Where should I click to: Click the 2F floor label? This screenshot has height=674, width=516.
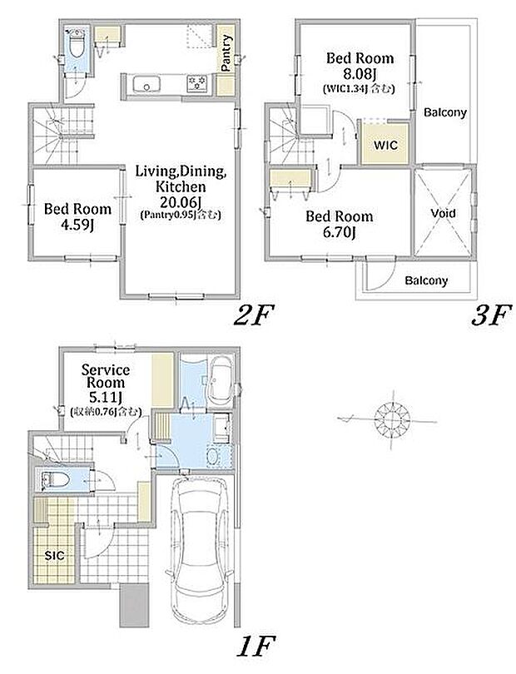(253, 316)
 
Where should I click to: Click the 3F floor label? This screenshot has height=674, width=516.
(491, 315)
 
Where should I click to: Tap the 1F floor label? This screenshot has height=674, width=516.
(256, 645)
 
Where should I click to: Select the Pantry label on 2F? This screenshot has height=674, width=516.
(226, 52)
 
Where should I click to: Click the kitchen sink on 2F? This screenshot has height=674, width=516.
(146, 84)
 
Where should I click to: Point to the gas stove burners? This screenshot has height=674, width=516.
(197, 82)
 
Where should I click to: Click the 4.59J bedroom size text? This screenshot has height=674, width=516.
(77, 225)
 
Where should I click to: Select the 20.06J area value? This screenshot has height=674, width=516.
(181, 201)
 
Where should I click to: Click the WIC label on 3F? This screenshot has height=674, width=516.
(385, 145)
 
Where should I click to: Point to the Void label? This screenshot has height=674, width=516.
(443, 213)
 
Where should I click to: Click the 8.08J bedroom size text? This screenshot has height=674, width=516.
(360, 73)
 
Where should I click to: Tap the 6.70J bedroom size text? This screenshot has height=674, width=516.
(340, 232)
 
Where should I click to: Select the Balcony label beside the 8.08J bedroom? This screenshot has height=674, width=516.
(445, 112)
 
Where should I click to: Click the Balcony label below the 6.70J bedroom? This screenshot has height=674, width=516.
(426, 280)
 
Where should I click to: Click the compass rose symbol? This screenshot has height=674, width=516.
(392, 418)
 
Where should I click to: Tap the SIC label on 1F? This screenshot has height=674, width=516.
(55, 555)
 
